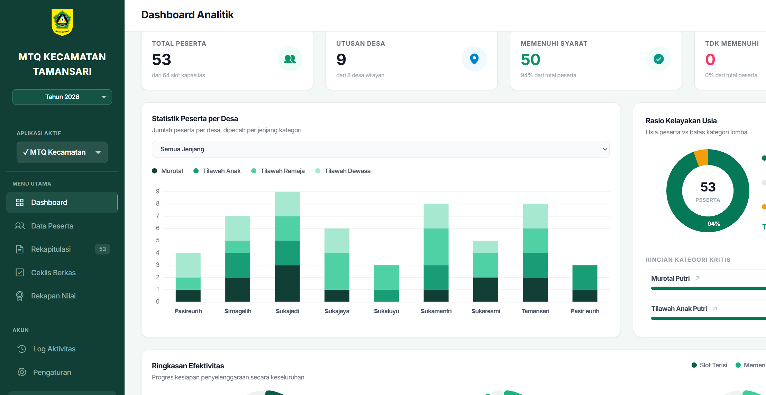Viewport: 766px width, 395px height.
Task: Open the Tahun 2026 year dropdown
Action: [x=62, y=97]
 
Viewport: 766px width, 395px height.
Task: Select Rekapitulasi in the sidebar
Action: [x=51, y=249]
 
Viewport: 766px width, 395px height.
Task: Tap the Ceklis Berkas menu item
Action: [x=53, y=273]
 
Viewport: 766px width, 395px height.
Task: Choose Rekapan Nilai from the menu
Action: [x=53, y=296]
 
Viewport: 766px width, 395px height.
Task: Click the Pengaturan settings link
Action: [x=52, y=372]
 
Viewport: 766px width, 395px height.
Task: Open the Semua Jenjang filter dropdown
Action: [x=381, y=149]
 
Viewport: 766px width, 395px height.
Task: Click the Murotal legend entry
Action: [x=167, y=171]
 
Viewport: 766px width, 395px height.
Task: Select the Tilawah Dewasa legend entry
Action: [x=343, y=171]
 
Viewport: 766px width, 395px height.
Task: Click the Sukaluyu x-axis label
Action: [x=386, y=311]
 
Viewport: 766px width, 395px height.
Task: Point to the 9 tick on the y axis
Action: [x=158, y=191]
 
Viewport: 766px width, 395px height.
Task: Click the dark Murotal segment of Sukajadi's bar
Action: [x=287, y=284]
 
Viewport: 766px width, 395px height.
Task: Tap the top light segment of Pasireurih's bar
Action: [x=188, y=265]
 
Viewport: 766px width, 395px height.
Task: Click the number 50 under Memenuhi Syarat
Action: [x=530, y=60]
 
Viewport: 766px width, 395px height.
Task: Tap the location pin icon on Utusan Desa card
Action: [x=474, y=59]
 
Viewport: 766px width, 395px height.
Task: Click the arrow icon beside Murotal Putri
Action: [x=697, y=278]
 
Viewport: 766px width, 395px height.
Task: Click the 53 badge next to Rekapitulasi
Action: [x=102, y=249]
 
